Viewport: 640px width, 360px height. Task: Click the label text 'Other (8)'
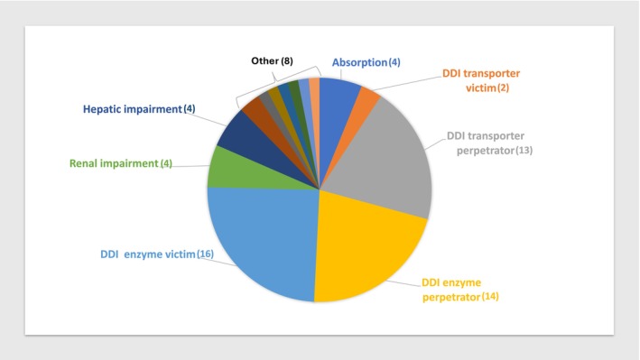coord(272,61)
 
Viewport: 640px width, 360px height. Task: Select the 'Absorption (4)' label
coord(366,62)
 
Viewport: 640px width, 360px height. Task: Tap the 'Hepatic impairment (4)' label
coord(139,109)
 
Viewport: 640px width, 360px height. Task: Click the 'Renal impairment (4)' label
coord(121,163)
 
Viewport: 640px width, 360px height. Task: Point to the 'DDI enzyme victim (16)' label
coord(157,254)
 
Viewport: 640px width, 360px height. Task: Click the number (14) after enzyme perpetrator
coord(490,296)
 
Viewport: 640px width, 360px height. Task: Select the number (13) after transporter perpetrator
coord(524,150)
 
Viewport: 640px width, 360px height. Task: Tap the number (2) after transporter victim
coord(504,88)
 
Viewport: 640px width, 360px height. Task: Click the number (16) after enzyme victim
coord(205,254)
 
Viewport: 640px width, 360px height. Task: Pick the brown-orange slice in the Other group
coord(255,109)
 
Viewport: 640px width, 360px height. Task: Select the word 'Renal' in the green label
coord(83,163)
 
